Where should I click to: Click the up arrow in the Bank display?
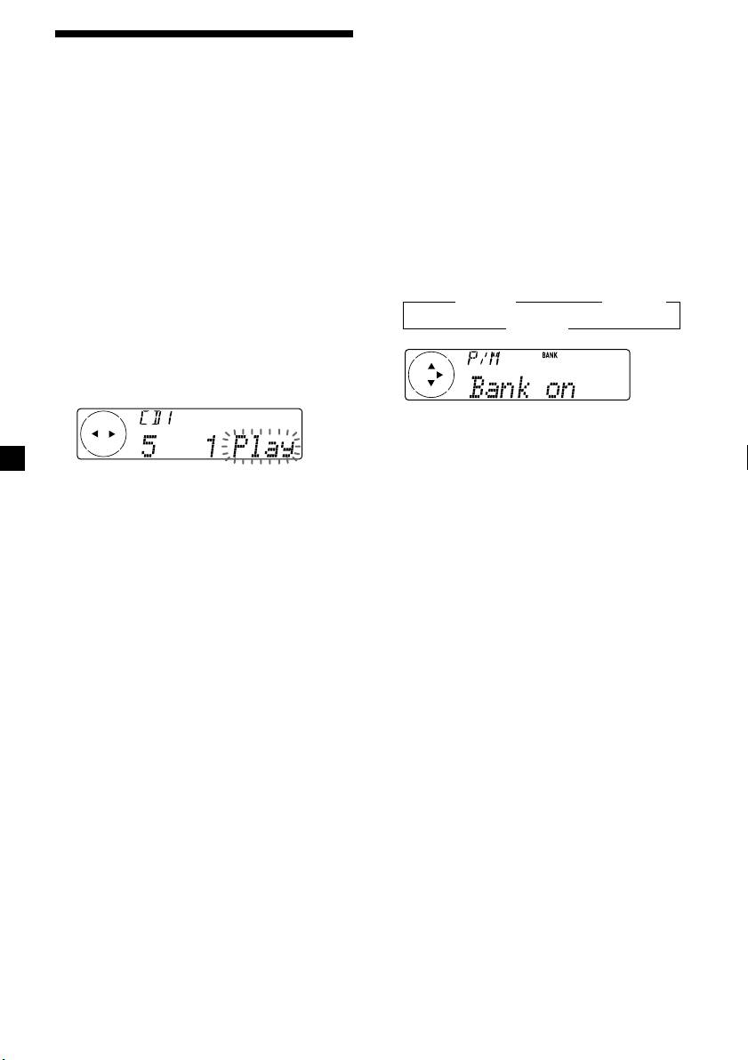point(431,366)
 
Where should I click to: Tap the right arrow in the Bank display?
point(439,375)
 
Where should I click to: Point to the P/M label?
point(483,358)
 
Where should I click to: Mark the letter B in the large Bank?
point(479,387)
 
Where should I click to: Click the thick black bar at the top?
point(204,36)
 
